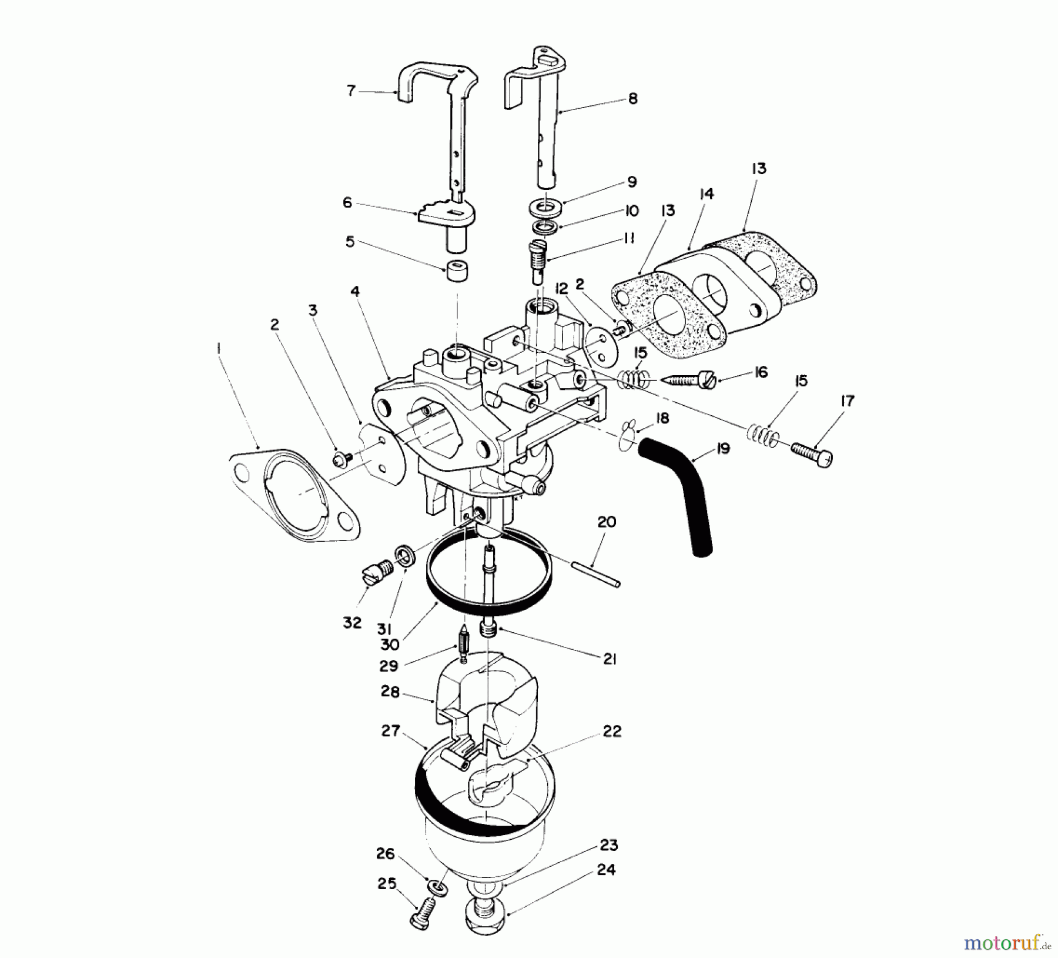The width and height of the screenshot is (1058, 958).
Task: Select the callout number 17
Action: pos(847,401)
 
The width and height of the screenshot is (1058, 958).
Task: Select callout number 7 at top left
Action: pos(351,91)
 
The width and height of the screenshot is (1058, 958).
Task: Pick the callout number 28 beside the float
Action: pos(390,692)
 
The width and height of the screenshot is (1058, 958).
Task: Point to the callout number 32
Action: pos(352,622)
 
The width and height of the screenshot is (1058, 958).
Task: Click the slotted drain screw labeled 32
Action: pos(374,572)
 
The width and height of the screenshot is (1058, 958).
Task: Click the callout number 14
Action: pos(707,193)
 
